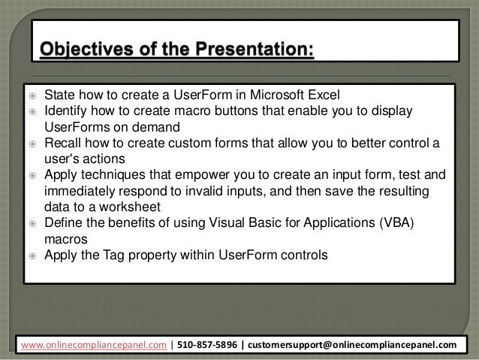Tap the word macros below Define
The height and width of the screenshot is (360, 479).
pos(66,238)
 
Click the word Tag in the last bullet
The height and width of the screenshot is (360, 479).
pos(116,255)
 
